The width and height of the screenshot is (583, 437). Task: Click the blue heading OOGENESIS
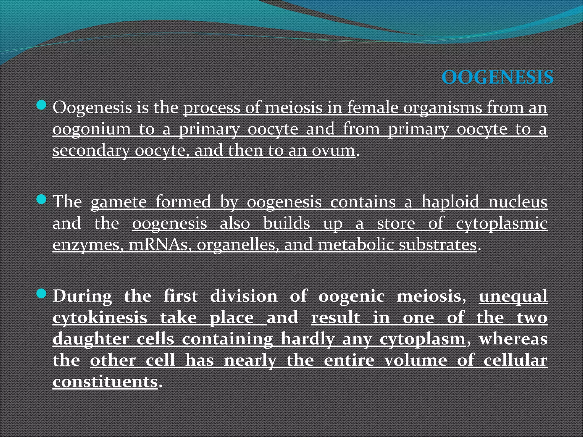pyautogui.click(x=497, y=77)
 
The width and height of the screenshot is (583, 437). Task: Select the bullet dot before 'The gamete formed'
pyautogui.click(x=42, y=199)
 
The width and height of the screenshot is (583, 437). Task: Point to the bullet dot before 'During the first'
pyautogui.click(x=42, y=294)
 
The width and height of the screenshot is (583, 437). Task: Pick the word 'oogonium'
pyautogui.click(x=92, y=129)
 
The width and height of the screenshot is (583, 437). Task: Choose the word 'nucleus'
pyautogui.click(x=518, y=202)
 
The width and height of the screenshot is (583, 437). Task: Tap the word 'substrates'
pyautogui.click(x=438, y=245)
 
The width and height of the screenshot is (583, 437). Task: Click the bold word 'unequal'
pyautogui.click(x=513, y=296)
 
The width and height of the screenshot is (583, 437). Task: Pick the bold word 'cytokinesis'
pyautogui.click(x=100, y=318)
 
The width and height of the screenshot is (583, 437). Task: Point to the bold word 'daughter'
pyautogui.click(x=91, y=339)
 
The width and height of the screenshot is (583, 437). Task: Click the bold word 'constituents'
pyautogui.click(x=105, y=382)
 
